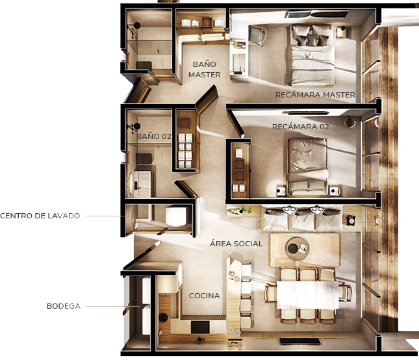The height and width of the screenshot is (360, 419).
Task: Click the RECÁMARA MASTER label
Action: coord(315,95)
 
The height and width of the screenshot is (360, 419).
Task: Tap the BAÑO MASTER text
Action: coord(205,70)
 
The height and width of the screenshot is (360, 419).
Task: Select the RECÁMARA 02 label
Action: coord(301,127)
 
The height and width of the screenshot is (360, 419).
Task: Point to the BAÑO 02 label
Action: coord(154,136)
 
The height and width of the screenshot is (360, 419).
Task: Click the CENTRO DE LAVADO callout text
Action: coord(40,216)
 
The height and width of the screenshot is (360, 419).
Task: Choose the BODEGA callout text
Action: coord(64,306)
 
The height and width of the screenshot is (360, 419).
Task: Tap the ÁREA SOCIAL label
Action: coord(236,244)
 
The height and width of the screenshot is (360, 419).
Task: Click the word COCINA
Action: coord(205,296)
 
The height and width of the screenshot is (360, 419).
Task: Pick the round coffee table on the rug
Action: coord(297,248)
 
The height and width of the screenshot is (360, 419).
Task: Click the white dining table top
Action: coord(308,295)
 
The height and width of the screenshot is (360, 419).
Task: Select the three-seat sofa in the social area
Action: coord(301,218)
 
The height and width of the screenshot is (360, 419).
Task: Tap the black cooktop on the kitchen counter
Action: coord(200,327)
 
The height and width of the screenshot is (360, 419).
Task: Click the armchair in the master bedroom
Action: coord(257,34)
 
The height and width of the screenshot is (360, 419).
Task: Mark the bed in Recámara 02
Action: coord(307,167)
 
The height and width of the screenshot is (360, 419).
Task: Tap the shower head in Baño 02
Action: coord(137,126)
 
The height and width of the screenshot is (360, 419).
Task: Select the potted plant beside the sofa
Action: coord(239,211)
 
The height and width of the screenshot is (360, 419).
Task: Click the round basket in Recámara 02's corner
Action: coord(349,122)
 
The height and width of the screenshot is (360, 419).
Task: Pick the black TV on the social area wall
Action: coord(300,342)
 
